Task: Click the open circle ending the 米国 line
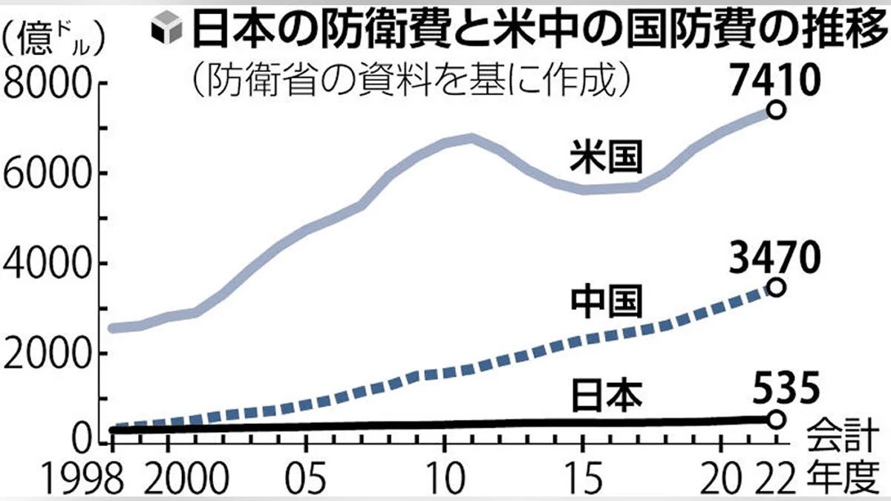[x=776, y=110]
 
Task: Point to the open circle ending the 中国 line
[x=776, y=287]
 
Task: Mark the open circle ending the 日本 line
[x=776, y=419]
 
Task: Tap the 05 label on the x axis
[x=305, y=475]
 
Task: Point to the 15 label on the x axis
[x=581, y=475]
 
